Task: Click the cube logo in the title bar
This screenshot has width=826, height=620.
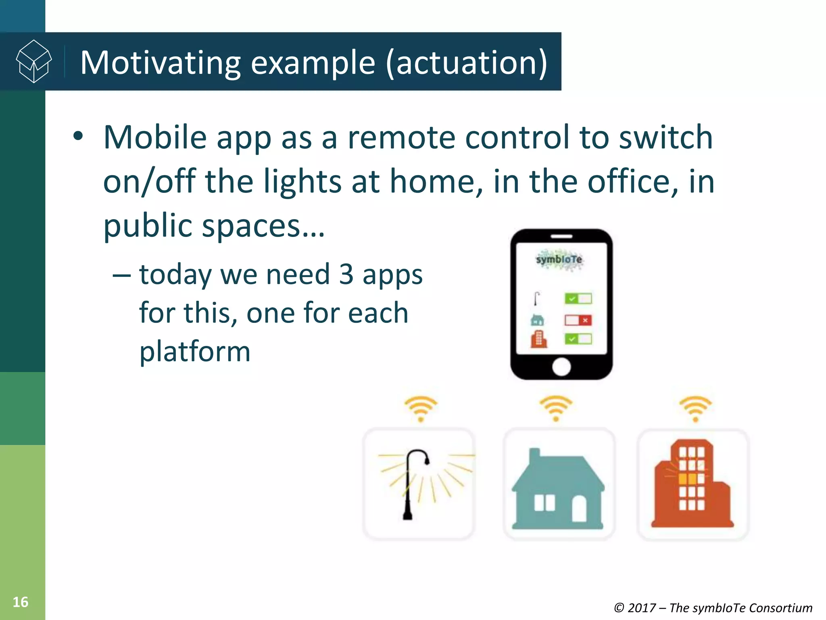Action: click(x=33, y=61)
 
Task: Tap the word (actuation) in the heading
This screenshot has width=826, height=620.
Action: click(x=466, y=63)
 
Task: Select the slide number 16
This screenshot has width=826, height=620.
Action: click(x=20, y=602)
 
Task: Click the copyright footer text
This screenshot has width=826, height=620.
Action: click(x=713, y=607)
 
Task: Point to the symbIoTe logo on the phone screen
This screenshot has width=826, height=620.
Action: click(x=559, y=259)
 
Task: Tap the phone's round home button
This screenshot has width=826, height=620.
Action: click(x=561, y=367)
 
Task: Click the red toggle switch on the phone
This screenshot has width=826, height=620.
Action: click(x=578, y=320)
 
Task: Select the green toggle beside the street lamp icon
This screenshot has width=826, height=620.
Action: click(x=578, y=299)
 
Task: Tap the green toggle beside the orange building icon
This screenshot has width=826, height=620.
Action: click(x=578, y=339)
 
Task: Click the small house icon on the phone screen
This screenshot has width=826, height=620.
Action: click(x=537, y=320)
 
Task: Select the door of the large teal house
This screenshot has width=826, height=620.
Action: click(x=580, y=509)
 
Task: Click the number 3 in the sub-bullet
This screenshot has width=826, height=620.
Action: click(x=346, y=274)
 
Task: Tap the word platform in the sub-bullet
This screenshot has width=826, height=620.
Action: click(x=195, y=351)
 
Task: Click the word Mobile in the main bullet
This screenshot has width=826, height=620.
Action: click(x=155, y=137)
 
